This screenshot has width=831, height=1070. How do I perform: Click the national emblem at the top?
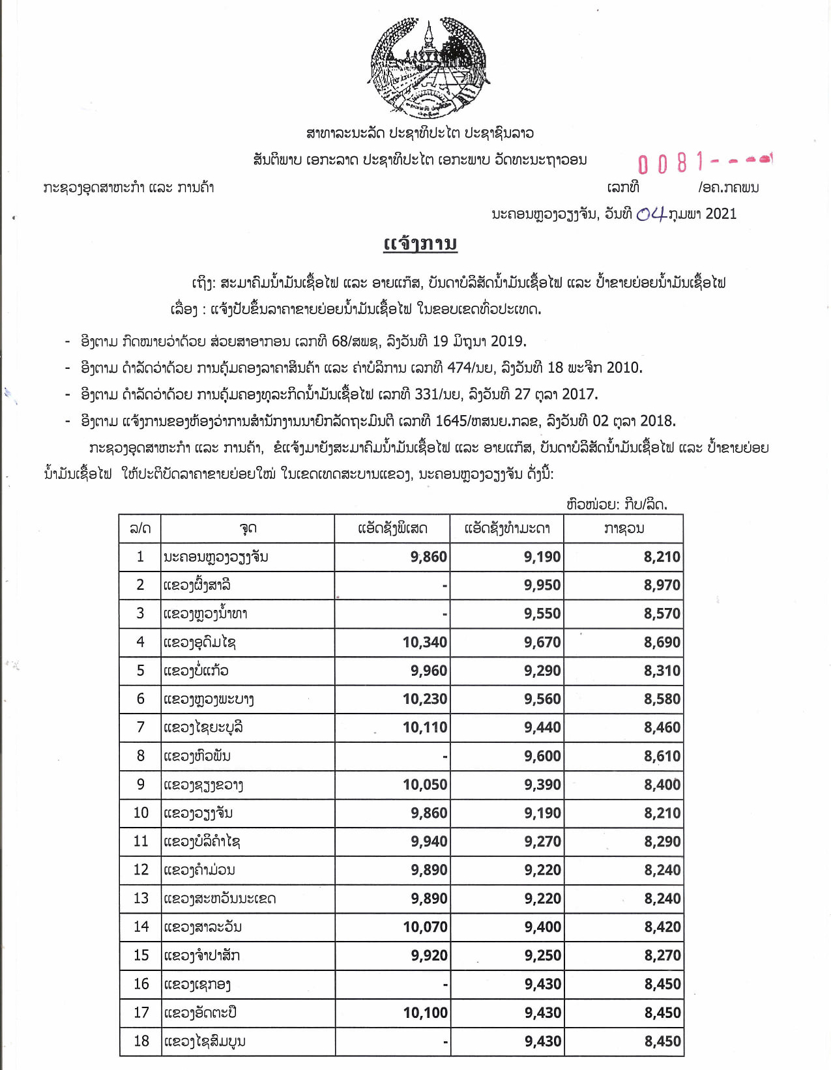(x=428, y=68)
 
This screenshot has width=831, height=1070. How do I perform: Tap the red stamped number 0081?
(x=671, y=163)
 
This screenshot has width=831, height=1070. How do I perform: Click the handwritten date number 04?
(x=650, y=214)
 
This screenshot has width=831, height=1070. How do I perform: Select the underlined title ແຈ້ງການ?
(x=420, y=244)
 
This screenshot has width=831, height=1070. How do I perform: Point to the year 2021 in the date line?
(x=721, y=214)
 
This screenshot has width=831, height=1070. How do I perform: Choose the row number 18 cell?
(x=141, y=1041)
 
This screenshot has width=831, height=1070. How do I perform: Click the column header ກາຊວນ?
(x=623, y=528)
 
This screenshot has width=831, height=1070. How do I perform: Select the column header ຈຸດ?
(x=248, y=528)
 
